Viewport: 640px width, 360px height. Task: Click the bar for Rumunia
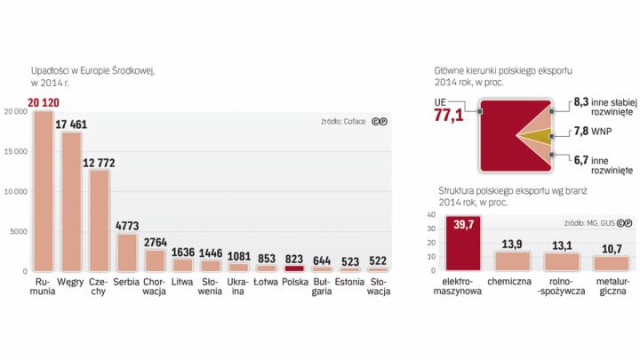(44, 191)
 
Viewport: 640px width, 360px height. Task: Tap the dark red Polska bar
(293, 268)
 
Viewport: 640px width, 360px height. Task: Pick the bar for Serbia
(127, 252)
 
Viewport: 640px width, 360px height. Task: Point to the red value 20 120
(43, 104)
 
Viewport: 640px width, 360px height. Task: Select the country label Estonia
(349, 282)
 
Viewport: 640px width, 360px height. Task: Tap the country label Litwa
(182, 282)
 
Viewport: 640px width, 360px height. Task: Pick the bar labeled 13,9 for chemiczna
(513, 260)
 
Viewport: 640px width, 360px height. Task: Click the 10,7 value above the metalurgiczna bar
(613, 249)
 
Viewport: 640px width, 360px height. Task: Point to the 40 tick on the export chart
(431, 215)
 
